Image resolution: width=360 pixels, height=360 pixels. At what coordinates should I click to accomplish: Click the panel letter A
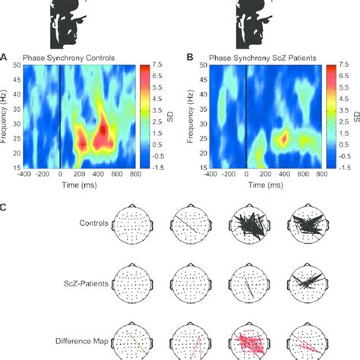click(5, 56)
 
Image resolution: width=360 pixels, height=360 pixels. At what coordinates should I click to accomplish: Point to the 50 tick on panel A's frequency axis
click(16, 66)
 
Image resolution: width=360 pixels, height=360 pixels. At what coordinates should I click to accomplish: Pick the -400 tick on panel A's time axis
click(24, 173)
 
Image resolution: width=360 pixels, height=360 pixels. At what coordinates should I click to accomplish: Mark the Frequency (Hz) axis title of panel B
click(189, 115)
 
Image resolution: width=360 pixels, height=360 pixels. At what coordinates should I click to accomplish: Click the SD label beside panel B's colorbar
click(355, 115)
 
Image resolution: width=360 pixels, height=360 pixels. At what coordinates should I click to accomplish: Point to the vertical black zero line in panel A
click(60, 115)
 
